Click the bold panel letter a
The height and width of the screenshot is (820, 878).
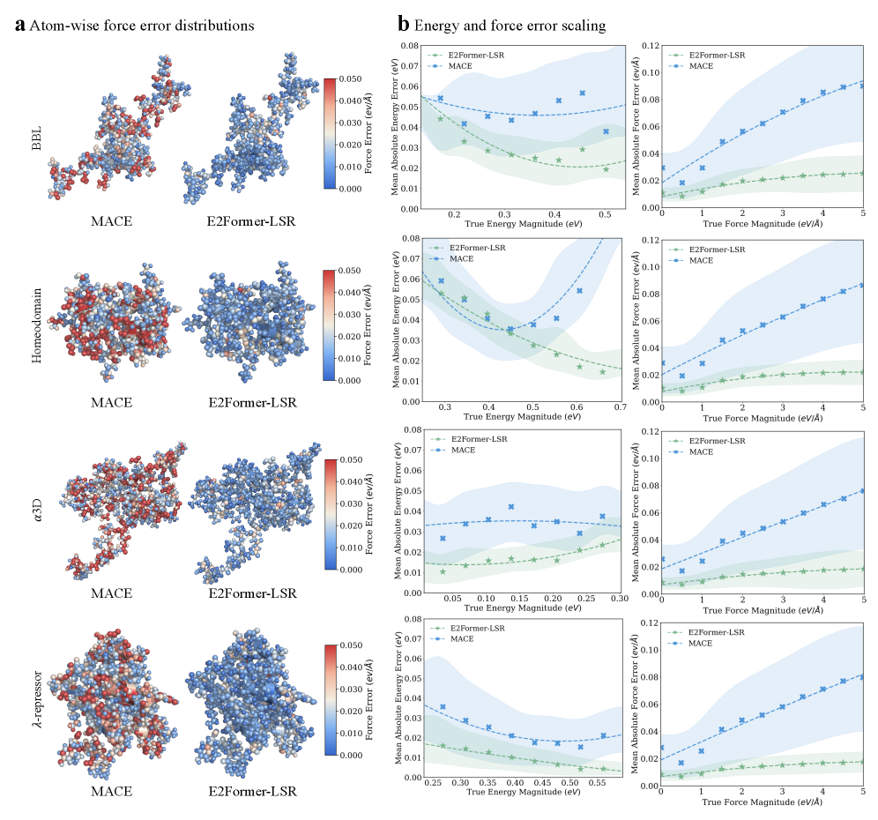point(19,26)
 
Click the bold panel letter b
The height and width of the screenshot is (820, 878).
point(403,26)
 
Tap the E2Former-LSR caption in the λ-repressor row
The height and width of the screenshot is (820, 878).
point(252,792)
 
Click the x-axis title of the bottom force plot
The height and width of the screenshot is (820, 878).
point(763,802)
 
